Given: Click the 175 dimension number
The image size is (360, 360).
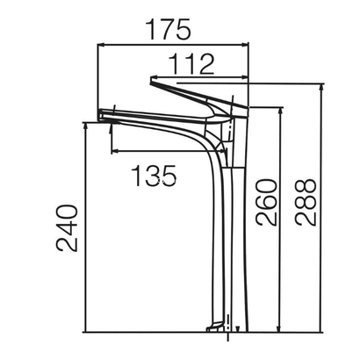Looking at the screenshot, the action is point(169,29).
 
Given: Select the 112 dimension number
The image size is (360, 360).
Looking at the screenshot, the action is point(192,64).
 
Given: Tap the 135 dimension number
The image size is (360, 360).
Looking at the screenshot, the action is point(154,176).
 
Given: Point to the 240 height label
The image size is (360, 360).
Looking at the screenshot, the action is point(67,228).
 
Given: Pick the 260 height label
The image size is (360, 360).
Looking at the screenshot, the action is point(266,203).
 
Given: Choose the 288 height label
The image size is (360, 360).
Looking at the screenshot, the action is point(306,203).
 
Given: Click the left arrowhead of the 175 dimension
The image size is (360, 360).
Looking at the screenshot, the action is point(101,45).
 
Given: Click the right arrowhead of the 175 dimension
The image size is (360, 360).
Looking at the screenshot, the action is point(245,45).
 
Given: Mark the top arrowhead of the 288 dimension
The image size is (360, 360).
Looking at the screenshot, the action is point(321,88).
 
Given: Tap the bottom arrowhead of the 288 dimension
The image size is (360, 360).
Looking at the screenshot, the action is point(321,328).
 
